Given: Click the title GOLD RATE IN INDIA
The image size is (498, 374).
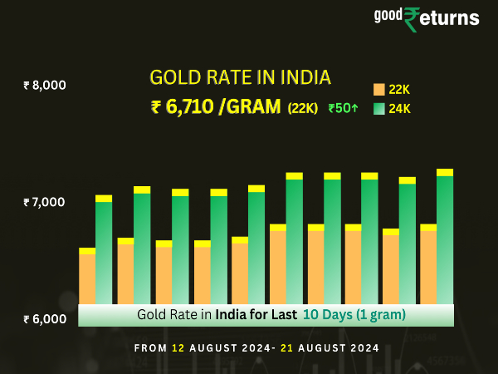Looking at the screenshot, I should (x=240, y=77).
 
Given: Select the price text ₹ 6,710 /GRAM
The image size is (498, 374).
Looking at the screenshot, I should (x=216, y=106).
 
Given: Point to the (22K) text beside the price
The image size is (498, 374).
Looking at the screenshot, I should (x=302, y=108).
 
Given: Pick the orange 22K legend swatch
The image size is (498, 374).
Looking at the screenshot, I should (x=378, y=89).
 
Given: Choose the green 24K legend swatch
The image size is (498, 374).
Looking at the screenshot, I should (x=378, y=108).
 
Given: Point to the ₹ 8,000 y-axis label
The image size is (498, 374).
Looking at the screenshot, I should (x=45, y=85).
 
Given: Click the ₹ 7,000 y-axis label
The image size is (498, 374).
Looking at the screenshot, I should (x=45, y=202).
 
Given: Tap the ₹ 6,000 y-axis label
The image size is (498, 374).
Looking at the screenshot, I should (x=45, y=319).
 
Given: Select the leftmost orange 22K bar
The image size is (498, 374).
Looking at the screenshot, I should (x=87, y=278).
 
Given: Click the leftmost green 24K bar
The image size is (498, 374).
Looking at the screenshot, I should (x=104, y=253).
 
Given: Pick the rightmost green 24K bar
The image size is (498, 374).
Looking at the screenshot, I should (x=445, y=241).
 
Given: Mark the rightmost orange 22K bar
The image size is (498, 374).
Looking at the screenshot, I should (x=428, y=266).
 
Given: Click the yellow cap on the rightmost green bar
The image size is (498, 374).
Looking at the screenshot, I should (x=445, y=172).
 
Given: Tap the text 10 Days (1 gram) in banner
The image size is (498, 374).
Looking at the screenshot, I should (x=354, y=315).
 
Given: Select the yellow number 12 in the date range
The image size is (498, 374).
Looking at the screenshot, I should (x=178, y=347).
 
